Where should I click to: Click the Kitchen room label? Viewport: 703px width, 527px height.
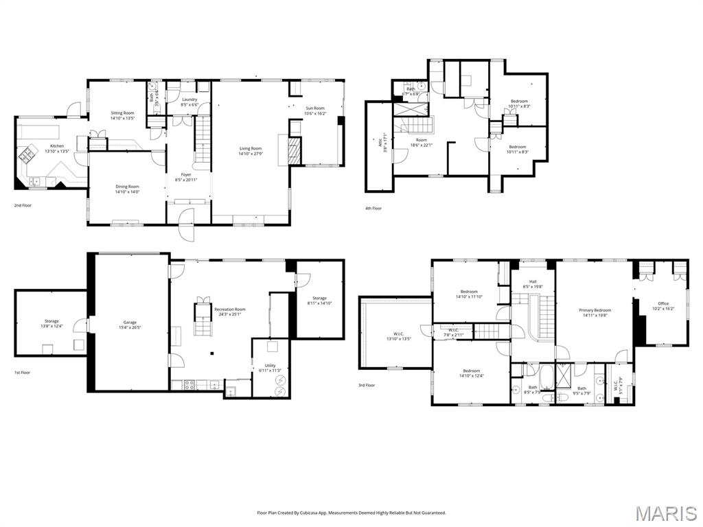point(56,146)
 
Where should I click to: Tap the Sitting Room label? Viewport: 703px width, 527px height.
point(123,113)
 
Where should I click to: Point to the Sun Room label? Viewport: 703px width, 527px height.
point(315,108)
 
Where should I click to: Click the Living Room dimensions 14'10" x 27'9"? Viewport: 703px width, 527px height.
point(251,154)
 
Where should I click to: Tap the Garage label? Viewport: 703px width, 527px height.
point(130,323)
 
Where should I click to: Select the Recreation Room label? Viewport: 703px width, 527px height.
point(229,309)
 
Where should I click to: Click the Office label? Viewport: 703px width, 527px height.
point(662,304)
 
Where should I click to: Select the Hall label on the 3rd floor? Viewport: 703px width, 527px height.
point(532,281)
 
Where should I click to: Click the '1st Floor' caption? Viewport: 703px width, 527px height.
point(23,373)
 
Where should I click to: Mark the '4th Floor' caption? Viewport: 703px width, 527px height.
point(373,208)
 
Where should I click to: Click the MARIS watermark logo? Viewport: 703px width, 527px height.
point(667,513)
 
